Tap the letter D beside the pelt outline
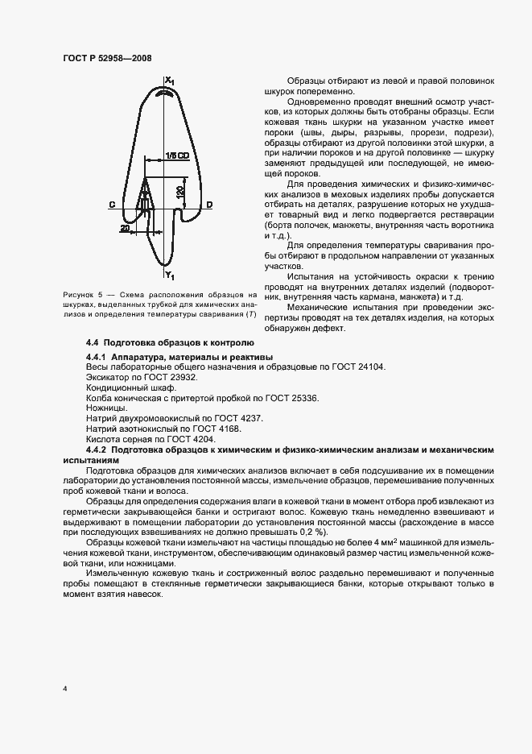pyautogui.click(x=209, y=205)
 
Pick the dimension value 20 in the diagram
pyautogui.click(x=125, y=229)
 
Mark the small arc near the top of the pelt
pyautogui.click(x=167, y=93)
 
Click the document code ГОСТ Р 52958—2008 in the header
pyautogui.click(x=106, y=58)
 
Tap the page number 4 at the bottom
pyautogui.click(x=64, y=690)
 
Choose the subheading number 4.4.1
pyautogui.click(x=98, y=356)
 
